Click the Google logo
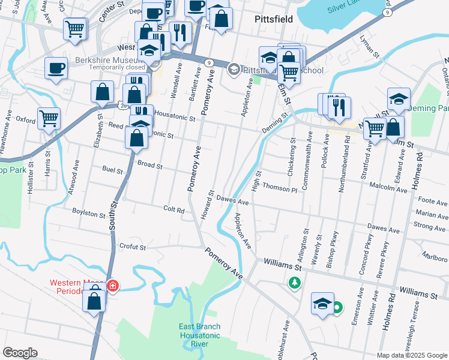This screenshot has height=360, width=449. coord(20,353)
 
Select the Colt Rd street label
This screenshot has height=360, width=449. coord(173,208)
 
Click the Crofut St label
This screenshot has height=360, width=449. coord(132,247)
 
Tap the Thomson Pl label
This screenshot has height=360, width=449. coord(279,188)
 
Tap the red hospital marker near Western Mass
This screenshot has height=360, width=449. coord(113,286)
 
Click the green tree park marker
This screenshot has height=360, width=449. coord(294,282)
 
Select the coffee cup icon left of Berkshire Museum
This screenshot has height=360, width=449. coord(56,68)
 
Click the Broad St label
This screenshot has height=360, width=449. coord(149,164)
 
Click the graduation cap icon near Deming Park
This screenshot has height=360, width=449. coord(399,99)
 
